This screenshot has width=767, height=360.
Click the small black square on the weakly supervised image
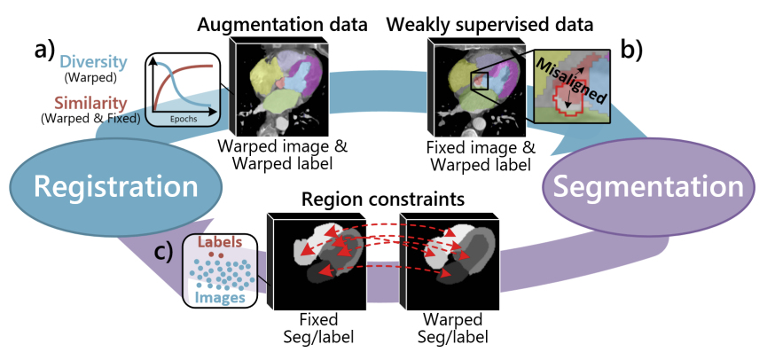click(480, 82)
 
